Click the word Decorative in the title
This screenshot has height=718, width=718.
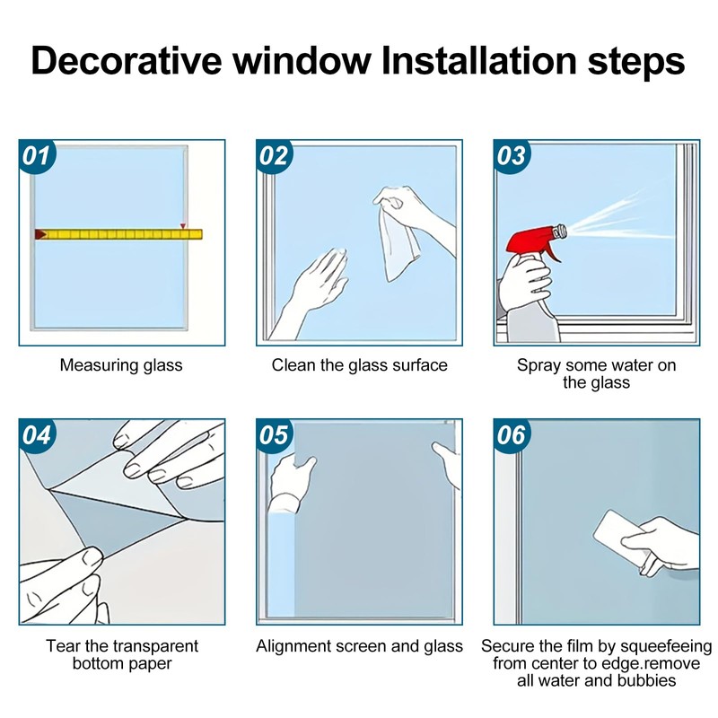coord(127,60)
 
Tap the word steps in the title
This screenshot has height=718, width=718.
coord(636,63)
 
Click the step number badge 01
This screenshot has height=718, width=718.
coord(37,156)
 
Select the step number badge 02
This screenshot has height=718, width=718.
coord(275,156)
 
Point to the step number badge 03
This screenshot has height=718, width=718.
coord(512,156)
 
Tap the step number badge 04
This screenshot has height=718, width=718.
coord(37,436)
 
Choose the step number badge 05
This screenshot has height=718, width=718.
coord(275,436)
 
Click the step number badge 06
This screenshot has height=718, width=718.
coord(512,436)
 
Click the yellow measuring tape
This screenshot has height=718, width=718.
coord(118,234)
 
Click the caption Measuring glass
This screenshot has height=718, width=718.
coord(121,365)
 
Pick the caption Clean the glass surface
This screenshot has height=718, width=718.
coord(360,365)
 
